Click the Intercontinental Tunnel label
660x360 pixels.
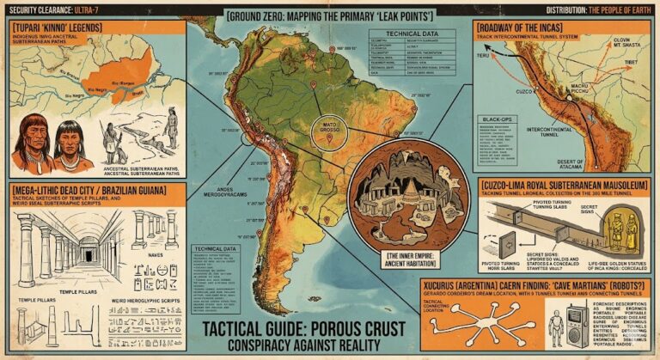577,133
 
